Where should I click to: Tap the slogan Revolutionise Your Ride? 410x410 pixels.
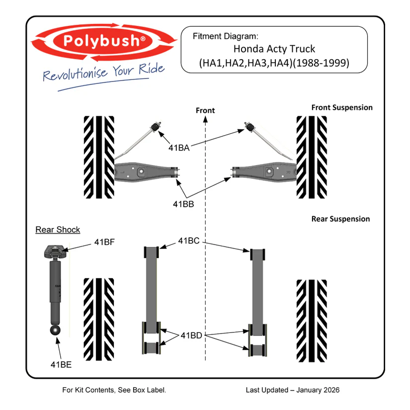[103, 73]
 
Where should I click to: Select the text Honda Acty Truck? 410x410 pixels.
[274, 49]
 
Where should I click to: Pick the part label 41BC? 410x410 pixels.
[189, 241]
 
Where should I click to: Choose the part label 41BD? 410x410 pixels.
[191, 335]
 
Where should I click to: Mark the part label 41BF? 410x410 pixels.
[105, 242]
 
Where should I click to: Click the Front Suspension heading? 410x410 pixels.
[341, 107]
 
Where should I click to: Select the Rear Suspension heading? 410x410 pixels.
[340, 219]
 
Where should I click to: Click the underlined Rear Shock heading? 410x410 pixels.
[58, 230]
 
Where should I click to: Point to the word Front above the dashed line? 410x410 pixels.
[205, 110]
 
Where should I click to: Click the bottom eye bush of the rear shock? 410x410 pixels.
[55, 330]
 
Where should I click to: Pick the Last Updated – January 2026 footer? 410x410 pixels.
[292, 390]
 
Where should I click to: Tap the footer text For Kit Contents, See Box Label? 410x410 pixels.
[114, 390]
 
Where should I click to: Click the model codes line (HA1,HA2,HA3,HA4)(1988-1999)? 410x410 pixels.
[274, 63]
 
